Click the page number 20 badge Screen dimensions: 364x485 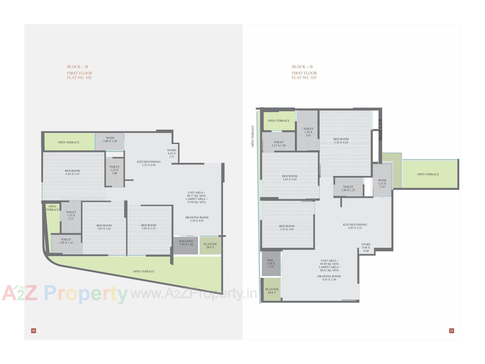tap(34, 331)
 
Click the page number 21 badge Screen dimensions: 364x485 tap(452, 331)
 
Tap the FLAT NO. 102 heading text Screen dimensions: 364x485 tap(79, 78)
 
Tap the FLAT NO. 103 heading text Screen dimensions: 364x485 tap(304, 78)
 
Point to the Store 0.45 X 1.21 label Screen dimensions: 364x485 tap(172, 153)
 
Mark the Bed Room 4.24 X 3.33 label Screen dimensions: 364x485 tap(72, 172)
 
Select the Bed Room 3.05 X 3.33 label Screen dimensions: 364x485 tap(149, 227)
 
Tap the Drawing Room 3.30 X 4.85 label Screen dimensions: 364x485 tap(197, 219)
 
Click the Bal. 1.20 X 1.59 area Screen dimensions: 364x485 tap(271, 263)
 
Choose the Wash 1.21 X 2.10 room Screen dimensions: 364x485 tap(382, 184)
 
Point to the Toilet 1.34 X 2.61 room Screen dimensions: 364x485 tap(308, 132)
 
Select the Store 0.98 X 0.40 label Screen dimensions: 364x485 tap(366, 247)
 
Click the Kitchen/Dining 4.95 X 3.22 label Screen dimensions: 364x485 tap(355, 226)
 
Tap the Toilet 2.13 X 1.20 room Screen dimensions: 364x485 tap(279, 144)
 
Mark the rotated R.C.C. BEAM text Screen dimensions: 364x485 tap(380, 130)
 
